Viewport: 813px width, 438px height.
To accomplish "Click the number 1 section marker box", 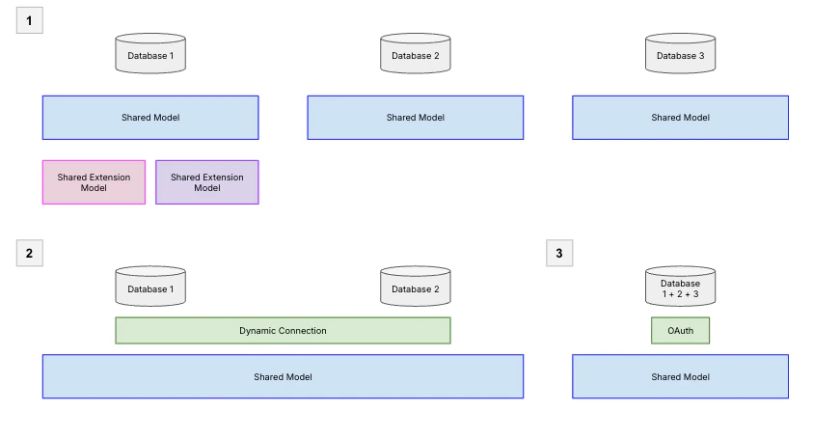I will tap(29, 20).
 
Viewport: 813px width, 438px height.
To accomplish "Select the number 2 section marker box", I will tap(29, 253).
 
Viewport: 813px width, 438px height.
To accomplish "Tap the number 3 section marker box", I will tap(559, 253).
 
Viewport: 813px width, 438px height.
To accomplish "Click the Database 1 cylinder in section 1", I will tap(150, 55).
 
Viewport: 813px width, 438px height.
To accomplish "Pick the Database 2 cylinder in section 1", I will tap(415, 55).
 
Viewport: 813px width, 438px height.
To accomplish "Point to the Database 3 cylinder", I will tap(680, 55).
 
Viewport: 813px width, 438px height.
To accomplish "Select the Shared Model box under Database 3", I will tap(680, 118).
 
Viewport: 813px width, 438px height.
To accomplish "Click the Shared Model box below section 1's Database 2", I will tap(415, 118).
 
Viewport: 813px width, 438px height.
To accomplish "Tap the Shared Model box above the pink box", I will tap(150, 118).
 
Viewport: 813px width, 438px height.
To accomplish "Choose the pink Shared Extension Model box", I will tap(94, 182).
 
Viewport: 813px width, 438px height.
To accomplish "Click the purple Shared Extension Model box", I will tap(207, 182).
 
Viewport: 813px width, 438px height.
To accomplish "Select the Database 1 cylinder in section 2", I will tap(150, 287).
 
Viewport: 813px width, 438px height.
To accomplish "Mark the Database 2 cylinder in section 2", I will tap(415, 287).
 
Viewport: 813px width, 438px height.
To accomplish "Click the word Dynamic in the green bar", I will tap(258, 331).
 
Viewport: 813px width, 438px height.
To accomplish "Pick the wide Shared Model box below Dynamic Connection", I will tap(283, 376).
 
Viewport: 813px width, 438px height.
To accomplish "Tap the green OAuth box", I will tap(680, 331).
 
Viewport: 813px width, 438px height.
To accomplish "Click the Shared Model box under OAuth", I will tap(680, 376).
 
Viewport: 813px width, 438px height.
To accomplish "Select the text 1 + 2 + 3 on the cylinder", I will tap(680, 293).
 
